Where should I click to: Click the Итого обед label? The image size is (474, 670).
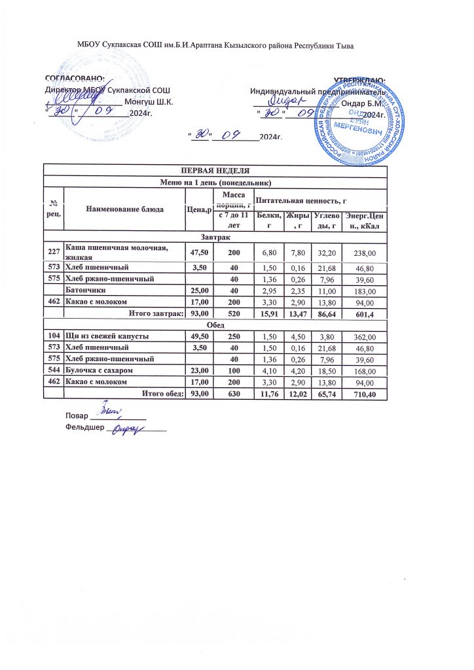tap(158, 393)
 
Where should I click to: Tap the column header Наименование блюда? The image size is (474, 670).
tap(124, 208)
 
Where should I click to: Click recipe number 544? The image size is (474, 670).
tap(53, 370)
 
